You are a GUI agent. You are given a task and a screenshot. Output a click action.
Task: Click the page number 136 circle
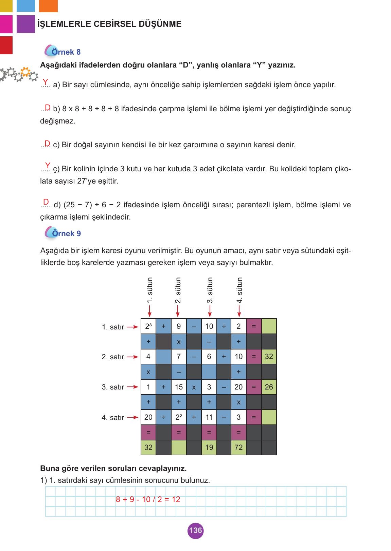(x=195, y=530)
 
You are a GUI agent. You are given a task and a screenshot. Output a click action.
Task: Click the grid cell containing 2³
(x=148, y=326)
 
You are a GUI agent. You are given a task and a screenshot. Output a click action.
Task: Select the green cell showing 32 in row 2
(x=269, y=357)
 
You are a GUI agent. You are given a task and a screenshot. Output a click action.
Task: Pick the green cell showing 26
(x=269, y=387)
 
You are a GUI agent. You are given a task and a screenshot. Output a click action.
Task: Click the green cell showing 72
(x=238, y=447)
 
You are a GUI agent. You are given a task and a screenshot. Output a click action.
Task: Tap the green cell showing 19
(x=209, y=447)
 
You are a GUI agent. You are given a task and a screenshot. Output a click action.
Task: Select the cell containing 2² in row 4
(x=179, y=417)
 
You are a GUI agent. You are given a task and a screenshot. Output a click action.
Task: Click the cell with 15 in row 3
(x=179, y=387)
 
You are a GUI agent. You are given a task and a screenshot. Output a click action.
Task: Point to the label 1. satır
(x=113, y=327)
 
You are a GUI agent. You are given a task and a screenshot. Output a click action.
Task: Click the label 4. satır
(x=113, y=418)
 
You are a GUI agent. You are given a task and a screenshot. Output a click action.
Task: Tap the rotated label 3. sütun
(x=210, y=290)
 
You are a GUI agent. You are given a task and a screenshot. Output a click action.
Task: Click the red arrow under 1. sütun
(x=149, y=310)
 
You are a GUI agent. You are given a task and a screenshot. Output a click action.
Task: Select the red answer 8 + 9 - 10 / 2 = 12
(x=148, y=499)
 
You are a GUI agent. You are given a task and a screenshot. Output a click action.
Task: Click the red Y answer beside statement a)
(x=45, y=82)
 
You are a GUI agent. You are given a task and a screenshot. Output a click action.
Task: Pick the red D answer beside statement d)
(x=46, y=202)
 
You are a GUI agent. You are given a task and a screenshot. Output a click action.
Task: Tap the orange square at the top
(x=48, y=6)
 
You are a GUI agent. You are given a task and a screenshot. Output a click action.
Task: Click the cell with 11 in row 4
(x=209, y=417)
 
